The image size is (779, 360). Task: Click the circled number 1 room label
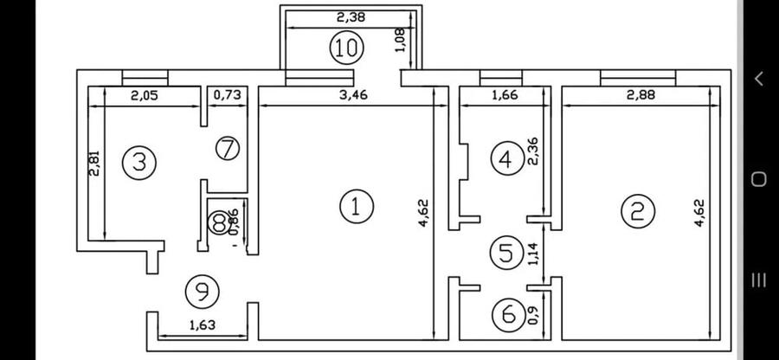356,206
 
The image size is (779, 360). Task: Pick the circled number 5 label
504,253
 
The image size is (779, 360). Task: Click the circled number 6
505,313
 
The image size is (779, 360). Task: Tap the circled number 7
227,148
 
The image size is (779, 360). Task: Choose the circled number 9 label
202,291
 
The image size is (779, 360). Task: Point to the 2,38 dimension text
351,16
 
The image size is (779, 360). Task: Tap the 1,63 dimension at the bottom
203,327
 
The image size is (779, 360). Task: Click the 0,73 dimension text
228,96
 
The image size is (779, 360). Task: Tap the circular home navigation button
758,179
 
